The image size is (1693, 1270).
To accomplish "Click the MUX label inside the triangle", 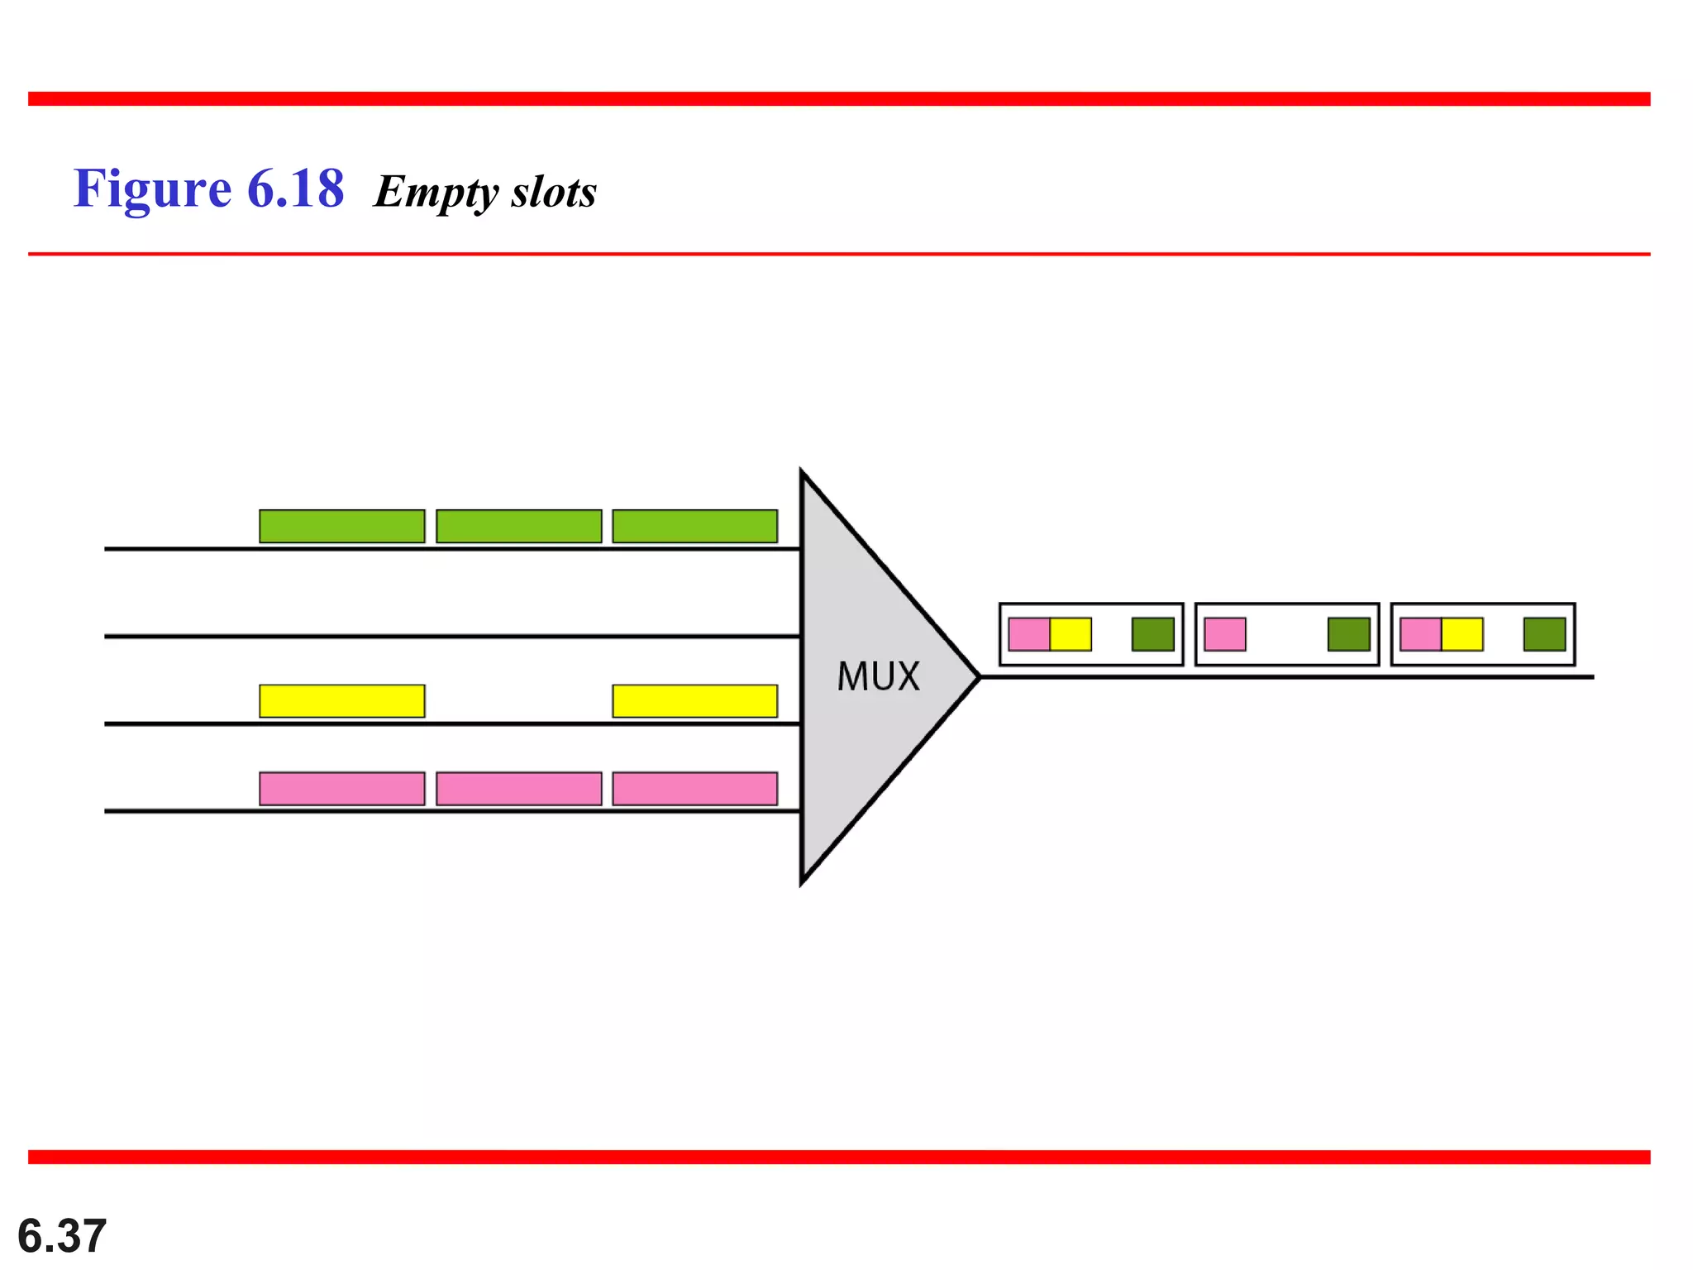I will (x=878, y=676).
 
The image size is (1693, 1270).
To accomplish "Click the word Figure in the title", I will (x=152, y=189).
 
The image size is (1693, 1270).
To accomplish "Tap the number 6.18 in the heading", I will (x=295, y=189).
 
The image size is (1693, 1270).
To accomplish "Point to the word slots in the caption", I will (x=553, y=192).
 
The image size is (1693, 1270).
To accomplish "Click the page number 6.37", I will (x=62, y=1236).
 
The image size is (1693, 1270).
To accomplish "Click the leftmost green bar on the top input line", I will (x=341, y=526).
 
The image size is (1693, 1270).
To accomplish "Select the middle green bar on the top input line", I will (x=518, y=526).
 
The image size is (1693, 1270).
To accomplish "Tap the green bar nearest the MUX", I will (x=694, y=526).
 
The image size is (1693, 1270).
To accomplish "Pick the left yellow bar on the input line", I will (x=341, y=700).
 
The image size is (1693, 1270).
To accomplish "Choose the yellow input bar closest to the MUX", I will (x=694, y=700).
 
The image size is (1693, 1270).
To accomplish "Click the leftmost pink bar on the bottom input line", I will (x=341, y=788).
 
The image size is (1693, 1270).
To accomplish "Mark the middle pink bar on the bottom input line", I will (x=518, y=788).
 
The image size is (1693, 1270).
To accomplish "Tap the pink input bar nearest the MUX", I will (x=694, y=788).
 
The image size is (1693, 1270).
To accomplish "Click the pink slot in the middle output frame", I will (x=1225, y=634).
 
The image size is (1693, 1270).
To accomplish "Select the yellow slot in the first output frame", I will (x=1071, y=634).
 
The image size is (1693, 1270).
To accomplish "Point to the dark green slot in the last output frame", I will (x=1544, y=634).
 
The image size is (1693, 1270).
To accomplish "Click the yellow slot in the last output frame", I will (x=1462, y=634).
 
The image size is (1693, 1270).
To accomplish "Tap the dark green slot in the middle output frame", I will (x=1348, y=634).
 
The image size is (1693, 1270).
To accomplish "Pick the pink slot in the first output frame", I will (x=1029, y=634).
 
